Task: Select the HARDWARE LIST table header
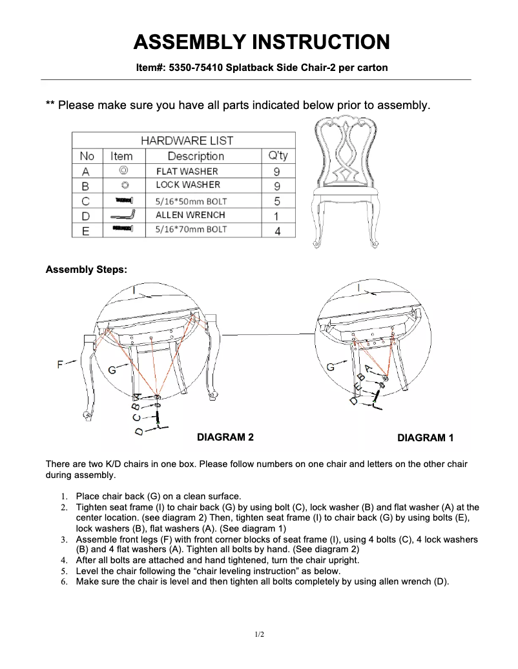pyautogui.click(x=187, y=140)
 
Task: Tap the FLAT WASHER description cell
pyautogui.click(x=187, y=172)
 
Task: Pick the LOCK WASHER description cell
pyautogui.click(x=188, y=185)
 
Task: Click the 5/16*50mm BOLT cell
pyautogui.click(x=191, y=201)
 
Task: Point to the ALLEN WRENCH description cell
pyautogui.click(x=190, y=215)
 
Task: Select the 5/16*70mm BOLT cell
pyautogui.click(x=191, y=230)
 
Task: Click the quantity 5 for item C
pyautogui.click(x=277, y=201)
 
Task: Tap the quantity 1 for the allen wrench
pyautogui.click(x=277, y=216)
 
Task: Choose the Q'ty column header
pyautogui.click(x=278, y=156)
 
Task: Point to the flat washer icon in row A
pyautogui.click(x=123, y=171)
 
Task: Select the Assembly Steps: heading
pyautogui.click(x=86, y=270)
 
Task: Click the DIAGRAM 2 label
pyautogui.click(x=225, y=437)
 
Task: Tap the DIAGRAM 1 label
pyautogui.click(x=425, y=438)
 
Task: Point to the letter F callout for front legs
pyautogui.click(x=60, y=364)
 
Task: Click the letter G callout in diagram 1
pyautogui.click(x=331, y=366)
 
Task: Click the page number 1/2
pyautogui.click(x=259, y=635)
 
